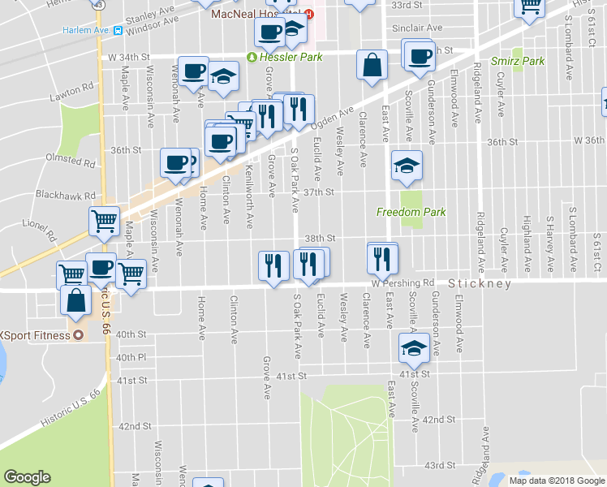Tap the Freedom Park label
pos(411,213)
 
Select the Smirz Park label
pos(518,62)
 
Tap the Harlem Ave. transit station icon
pos(118,31)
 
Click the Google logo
pos(27,477)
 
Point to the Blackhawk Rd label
pos(66,196)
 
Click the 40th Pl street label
pos(130,357)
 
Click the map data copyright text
pos(556,481)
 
